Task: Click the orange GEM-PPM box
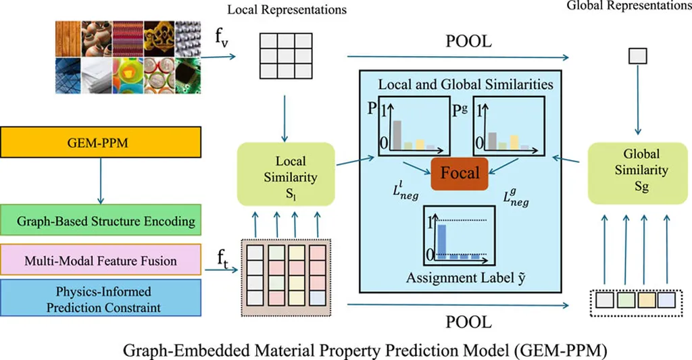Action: point(101,143)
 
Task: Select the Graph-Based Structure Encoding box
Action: point(101,221)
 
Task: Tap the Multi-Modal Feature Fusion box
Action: point(101,260)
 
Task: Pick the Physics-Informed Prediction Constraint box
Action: point(101,299)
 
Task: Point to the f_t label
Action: point(222,259)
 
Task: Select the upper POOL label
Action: point(468,41)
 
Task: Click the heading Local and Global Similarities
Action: point(466,85)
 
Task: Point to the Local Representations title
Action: point(287,10)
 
